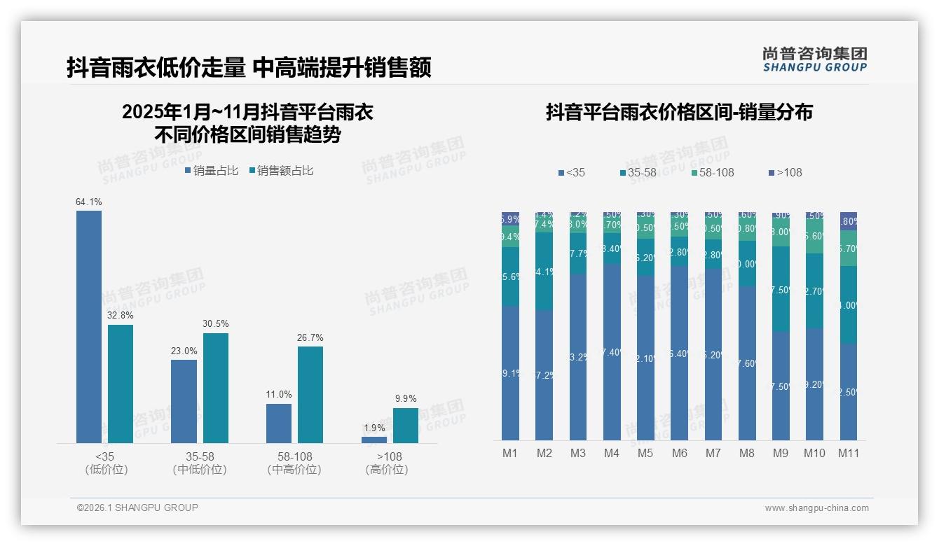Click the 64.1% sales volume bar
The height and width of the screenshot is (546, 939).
pos(89,326)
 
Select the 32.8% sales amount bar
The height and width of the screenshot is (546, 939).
pos(121,384)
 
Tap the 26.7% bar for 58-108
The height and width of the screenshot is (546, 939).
pos(310,395)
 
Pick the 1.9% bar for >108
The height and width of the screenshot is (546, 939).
pos(374,440)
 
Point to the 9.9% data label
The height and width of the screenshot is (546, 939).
pos(406,399)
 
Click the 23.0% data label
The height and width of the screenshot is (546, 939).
pos(184,351)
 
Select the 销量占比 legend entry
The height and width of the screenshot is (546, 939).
pos(212,171)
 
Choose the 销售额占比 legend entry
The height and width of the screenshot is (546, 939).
pos(281,171)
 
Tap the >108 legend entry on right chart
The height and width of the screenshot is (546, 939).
pos(786,172)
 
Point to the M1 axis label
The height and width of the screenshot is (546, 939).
pos(510,453)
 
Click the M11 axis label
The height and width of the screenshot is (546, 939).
pos(849,453)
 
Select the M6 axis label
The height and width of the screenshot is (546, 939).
pos(679,453)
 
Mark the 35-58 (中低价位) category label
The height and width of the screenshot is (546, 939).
pos(200,463)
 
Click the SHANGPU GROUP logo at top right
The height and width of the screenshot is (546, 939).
pos(814,59)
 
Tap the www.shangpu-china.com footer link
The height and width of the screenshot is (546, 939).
pos(816,508)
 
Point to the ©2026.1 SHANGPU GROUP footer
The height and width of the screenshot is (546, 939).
pos(137,507)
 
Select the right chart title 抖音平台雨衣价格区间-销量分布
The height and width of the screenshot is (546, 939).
pos(679,113)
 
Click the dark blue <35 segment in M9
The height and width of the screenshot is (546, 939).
pos(781,386)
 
